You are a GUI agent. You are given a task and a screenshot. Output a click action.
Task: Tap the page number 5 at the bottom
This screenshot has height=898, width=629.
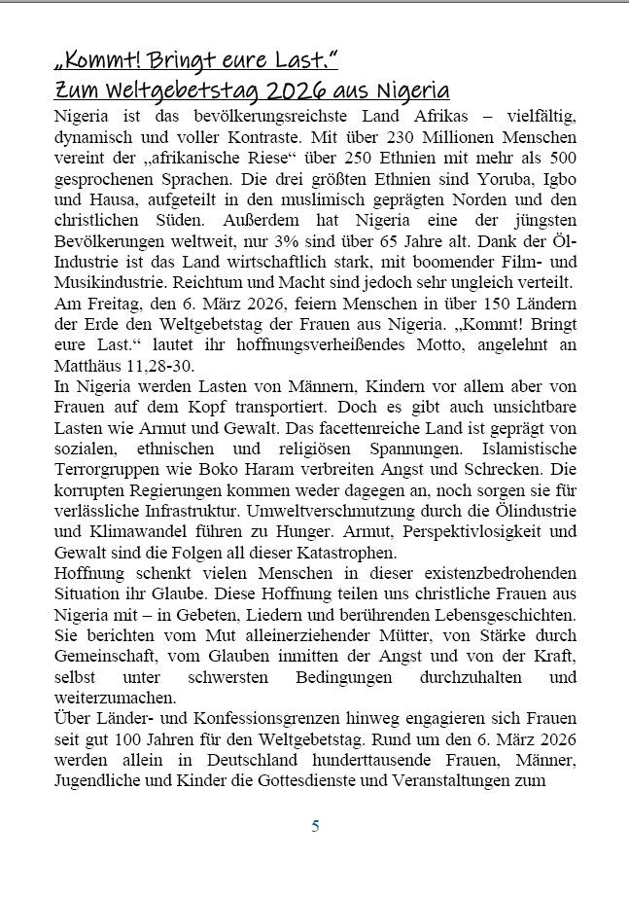click(314, 827)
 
